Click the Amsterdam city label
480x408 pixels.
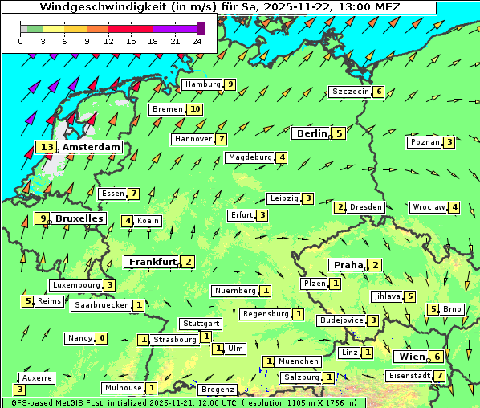(x=91, y=147)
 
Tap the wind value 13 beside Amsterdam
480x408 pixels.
(x=46, y=147)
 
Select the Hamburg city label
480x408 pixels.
(x=201, y=84)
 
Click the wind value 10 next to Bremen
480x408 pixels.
(x=194, y=109)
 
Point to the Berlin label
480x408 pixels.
(x=311, y=133)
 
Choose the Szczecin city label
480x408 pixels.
(x=350, y=92)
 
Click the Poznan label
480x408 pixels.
(x=425, y=142)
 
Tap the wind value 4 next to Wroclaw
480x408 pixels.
(x=454, y=207)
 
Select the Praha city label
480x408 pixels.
(x=348, y=265)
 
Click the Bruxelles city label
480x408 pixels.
(x=79, y=218)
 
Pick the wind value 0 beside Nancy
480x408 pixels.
(x=101, y=338)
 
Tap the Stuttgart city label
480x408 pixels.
(x=200, y=324)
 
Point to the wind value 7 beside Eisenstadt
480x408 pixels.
(x=439, y=376)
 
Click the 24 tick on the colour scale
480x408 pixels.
(x=196, y=40)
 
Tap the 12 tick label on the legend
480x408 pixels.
(x=108, y=40)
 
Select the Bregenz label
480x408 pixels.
(x=217, y=390)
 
